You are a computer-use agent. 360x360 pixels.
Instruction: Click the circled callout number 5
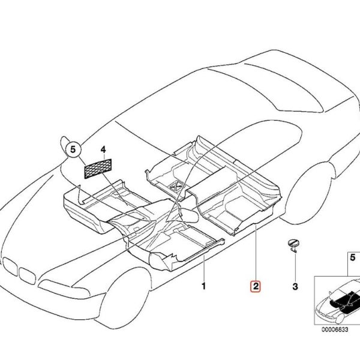(73, 149)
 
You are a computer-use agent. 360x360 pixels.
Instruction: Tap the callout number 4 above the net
(103, 149)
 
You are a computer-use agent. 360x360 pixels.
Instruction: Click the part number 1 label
(203, 286)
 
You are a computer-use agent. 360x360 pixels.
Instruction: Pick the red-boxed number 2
(256, 286)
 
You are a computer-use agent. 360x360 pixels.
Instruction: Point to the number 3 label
(295, 286)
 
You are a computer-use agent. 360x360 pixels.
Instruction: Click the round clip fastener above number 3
(293, 245)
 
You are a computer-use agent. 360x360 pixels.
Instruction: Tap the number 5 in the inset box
(353, 257)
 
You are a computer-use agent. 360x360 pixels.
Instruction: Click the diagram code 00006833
(335, 329)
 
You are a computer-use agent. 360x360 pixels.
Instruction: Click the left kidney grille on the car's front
(10, 266)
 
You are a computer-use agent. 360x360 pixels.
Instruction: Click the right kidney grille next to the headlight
(28, 276)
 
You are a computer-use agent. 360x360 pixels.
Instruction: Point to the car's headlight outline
(64, 289)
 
